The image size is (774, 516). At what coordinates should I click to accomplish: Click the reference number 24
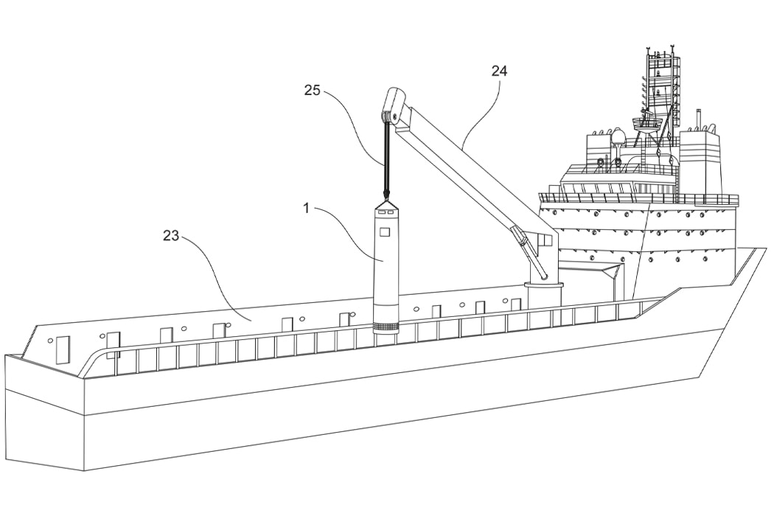pyautogui.click(x=500, y=71)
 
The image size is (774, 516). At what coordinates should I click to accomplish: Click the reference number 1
pyautogui.click(x=306, y=208)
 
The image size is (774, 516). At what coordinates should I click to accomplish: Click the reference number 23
pyautogui.click(x=171, y=236)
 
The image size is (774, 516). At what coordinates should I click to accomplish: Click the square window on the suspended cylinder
pyautogui.click(x=383, y=231)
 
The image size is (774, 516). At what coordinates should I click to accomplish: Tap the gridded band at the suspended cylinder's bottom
pyautogui.click(x=386, y=327)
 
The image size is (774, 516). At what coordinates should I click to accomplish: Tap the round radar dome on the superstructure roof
pyautogui.click(x=618, y=138)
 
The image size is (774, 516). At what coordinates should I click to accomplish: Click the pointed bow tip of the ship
pyautogui.click(x=764, y=250)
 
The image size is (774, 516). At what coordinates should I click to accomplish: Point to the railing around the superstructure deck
pyautogui.click(x=638, y=198)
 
